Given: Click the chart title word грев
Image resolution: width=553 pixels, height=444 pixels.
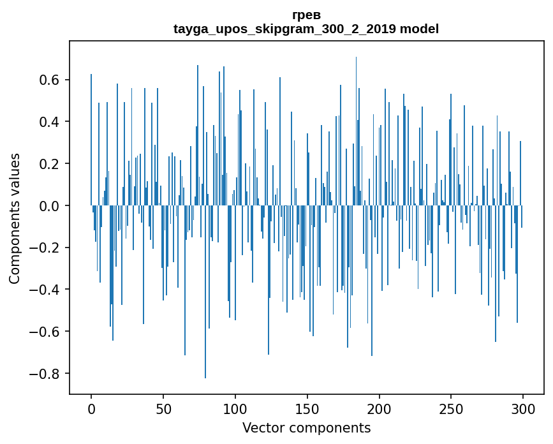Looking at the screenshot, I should click(306, 15).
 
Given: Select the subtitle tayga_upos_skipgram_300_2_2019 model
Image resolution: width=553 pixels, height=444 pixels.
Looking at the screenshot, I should click(306, 29).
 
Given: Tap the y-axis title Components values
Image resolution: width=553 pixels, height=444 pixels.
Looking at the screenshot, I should click(15, 218).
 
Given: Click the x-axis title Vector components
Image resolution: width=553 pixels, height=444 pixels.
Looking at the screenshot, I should click(306, 427).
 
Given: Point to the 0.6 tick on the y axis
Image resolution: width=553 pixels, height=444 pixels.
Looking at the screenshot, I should click(50, 80).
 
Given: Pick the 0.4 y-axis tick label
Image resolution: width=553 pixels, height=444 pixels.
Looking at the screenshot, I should click(50, 122).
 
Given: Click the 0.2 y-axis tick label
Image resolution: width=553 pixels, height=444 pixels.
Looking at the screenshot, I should click(50, 164).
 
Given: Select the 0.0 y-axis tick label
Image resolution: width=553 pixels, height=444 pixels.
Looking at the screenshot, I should click(50, 206).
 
